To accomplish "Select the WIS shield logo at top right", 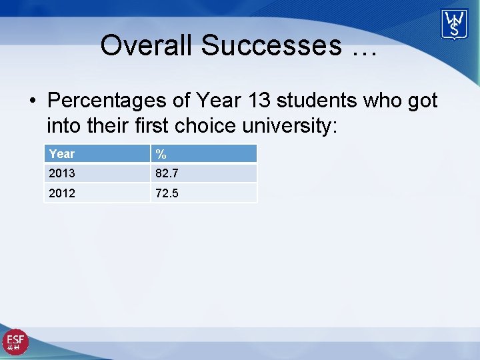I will click(x=454, y=25).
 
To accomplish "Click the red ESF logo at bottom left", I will click(x=15, y=342).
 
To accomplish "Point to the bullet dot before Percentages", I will click(x=32, y=101).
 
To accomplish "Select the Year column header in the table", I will click(x=62, y=154).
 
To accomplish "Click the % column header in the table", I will click(x=161, y=154).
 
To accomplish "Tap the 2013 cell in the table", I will click(x=62, y=173).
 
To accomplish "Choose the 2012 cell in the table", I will click(x=62, y=193).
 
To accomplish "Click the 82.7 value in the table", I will click(x=167, y=173).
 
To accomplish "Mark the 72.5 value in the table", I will click(x=167, y=193).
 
